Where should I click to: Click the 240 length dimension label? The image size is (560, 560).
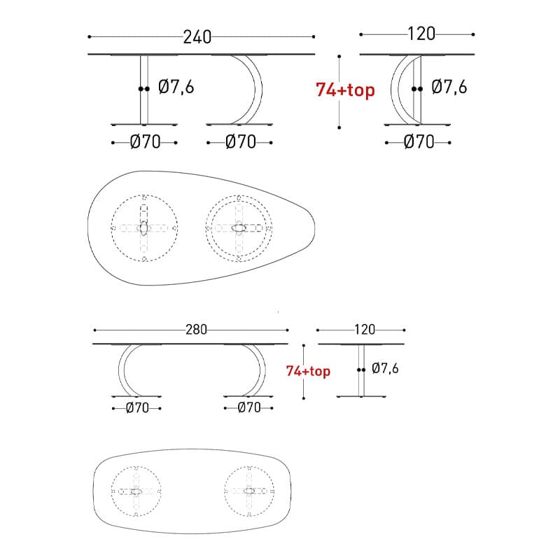click(197, 37)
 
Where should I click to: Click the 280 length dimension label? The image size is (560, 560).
click(196, 330)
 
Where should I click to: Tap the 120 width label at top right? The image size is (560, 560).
click(421, 34)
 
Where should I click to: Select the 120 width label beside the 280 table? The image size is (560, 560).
click(365, 330)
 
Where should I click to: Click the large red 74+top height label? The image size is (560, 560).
click(345, 90)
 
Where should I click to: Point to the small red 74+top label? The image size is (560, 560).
click(308, 371)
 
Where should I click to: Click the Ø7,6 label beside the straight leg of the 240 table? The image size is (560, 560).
click(176, 87)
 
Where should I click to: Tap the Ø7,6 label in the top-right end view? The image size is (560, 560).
click(449, 87)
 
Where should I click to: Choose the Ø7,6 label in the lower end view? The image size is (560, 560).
click(384, 368)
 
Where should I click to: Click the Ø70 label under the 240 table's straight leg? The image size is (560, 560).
click(146, 142)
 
